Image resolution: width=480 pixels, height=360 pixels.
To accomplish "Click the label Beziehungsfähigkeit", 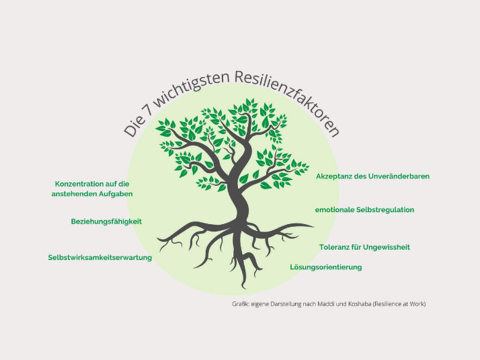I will (106, 221).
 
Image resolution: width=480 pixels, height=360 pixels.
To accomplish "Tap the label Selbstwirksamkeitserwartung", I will (100, 257).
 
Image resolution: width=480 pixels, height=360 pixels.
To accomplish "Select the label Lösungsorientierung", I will (326, 267).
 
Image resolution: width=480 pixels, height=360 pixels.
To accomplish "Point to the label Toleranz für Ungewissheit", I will (364, 247).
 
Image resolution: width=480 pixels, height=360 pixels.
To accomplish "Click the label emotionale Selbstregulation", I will (365, 210).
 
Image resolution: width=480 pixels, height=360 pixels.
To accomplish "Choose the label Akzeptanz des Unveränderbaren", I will (373, 176).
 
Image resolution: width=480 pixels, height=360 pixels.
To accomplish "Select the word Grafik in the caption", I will (241, 304).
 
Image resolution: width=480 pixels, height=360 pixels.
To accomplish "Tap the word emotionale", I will (337, 210).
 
